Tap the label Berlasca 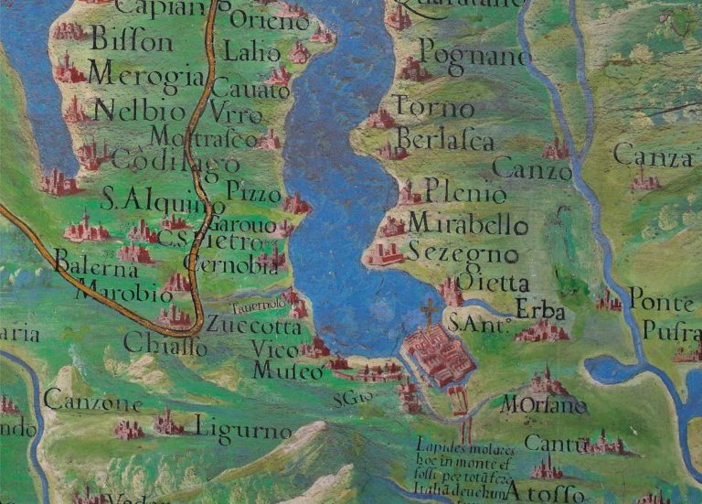[x=445, y=141]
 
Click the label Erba [x=540, y=311]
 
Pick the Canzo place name [x=531, y=169]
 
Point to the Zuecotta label [x=252, y=325]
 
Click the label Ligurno [x=243, y=429]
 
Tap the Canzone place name [x=92, y=402]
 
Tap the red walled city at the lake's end [x=439, y=355]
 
